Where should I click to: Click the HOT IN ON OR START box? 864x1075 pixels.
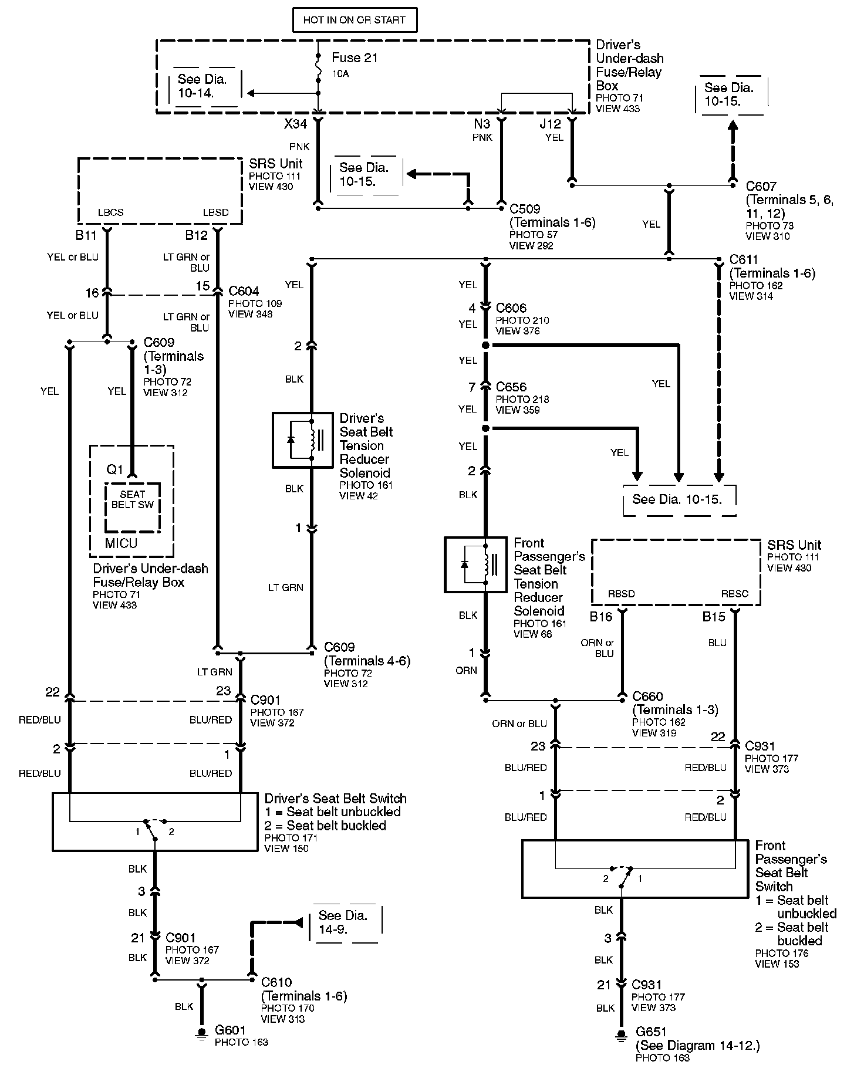(x=354, y=20)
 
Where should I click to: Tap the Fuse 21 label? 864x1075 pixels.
(x=355, y=58)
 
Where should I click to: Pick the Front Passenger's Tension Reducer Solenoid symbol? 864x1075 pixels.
(x=475, y=564)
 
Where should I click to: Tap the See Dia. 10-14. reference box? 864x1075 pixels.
(x=203, y=86)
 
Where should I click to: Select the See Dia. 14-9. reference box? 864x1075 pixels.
(x=343, y=923)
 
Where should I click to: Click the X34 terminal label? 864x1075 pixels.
(x=295, y=124)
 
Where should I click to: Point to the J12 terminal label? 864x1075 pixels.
(x=551, y=124)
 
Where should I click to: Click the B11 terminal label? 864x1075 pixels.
(x=86, y=235)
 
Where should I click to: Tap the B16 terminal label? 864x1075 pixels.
(x=600, y=617)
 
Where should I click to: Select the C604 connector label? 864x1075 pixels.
(x=244, y=291)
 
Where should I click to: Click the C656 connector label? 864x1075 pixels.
(x=511, y=387)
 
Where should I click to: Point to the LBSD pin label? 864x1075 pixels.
(x=215, y=212)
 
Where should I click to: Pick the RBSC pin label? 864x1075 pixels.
(x=735, y=594)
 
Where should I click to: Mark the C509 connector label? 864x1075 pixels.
(x=525, y=209)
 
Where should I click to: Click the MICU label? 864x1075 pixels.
(x=121, y=543)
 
